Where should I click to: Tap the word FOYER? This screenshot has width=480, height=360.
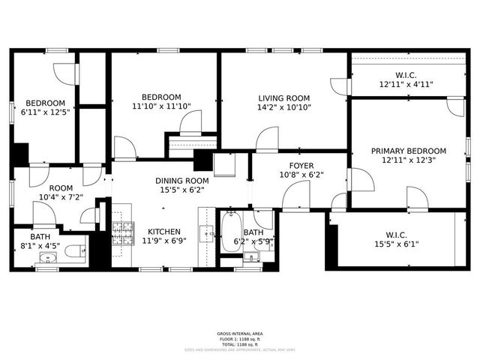(x=301, y=166)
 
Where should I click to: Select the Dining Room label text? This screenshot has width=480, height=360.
(x=181, y=181)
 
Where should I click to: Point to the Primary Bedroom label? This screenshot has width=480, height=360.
(x=409, y=151)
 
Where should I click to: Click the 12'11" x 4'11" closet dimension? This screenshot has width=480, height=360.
(x=406, y=85)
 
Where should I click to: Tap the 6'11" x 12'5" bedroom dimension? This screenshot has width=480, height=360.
(x=45, y=112)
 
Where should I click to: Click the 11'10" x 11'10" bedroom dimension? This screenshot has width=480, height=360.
(x=161, y=106)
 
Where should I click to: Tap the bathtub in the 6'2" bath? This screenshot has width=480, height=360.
(x=230, y=233)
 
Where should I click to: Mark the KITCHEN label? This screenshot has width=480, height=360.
(x=163, y=232)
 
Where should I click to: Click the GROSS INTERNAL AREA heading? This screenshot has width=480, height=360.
(x=240, y=334)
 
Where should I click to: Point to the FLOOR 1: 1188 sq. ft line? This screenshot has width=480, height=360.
(x=240, y=338)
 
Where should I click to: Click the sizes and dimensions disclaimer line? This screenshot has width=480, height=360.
(x=240, y=349)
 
